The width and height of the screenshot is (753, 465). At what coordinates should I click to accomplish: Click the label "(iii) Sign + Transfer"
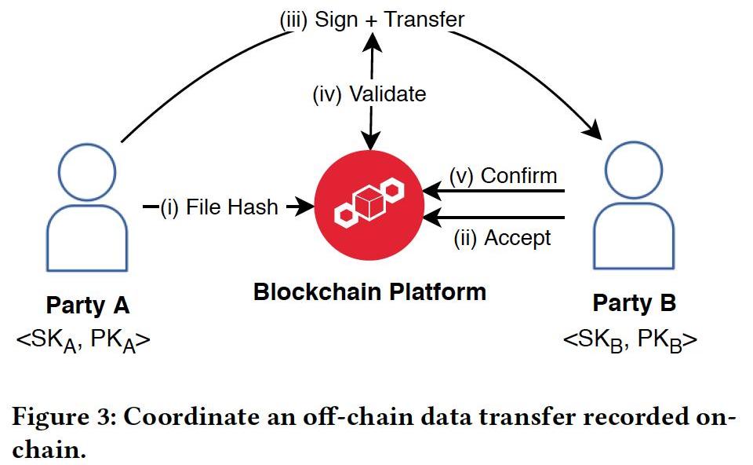[x=372, y=19]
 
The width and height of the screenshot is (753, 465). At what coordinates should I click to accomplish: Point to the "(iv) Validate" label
[x=369, y=94]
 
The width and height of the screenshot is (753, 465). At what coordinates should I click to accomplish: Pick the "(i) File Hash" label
[x=219, y=208]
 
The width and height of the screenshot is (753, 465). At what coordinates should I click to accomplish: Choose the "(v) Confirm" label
[x=503, y=175]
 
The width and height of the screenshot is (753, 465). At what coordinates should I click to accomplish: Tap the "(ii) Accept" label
[x=502, y=237]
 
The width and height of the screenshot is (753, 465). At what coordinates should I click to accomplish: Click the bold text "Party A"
[x=87, y=303]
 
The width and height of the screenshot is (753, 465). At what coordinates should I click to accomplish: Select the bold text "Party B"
[x=634, y=303]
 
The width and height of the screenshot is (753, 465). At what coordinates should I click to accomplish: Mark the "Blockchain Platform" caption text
[x=369, y=292]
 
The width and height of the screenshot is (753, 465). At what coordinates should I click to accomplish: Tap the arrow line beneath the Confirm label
[x=494, y=191]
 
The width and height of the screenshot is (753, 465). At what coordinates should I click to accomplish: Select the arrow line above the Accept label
[x=494, y=218]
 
